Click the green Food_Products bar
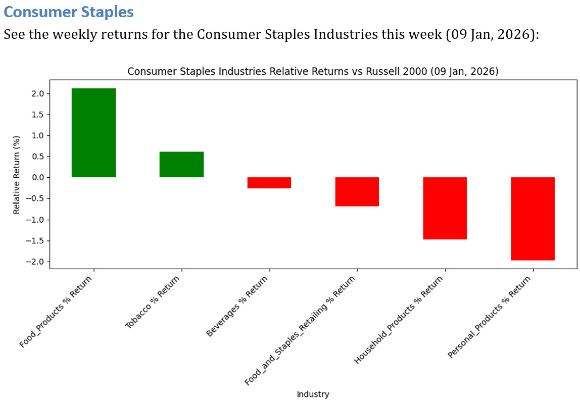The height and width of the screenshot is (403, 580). [93, 133]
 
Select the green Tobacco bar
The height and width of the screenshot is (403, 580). [181, 165]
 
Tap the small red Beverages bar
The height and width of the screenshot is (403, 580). [269, 183]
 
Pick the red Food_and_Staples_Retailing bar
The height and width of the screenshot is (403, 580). [357, 192]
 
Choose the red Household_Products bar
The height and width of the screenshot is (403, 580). [445, 208]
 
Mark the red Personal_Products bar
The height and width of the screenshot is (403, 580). [533, 219]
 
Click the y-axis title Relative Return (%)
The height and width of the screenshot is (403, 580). [17, 174]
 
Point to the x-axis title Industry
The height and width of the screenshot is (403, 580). [313, 394]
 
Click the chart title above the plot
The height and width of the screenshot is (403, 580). [313, 72]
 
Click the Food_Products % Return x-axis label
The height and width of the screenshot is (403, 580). [57, 312]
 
